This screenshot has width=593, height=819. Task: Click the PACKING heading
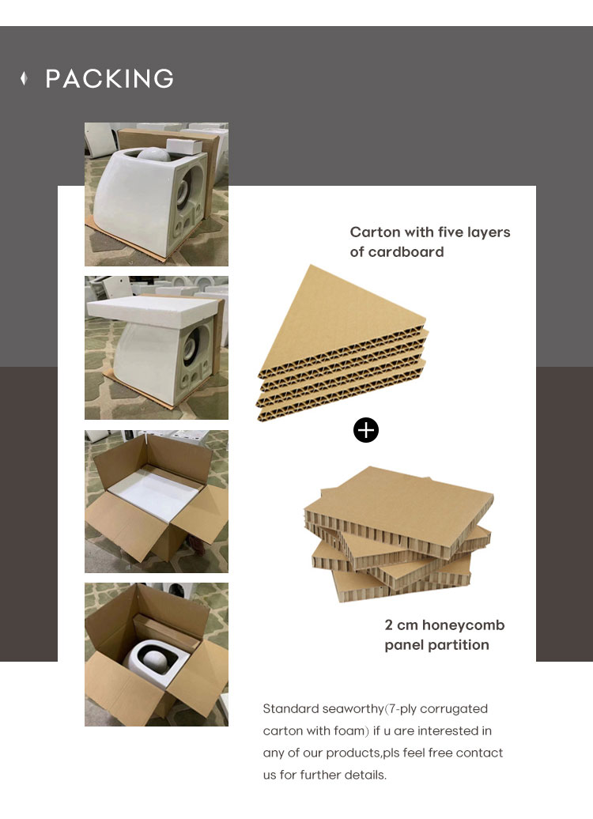point(109,79)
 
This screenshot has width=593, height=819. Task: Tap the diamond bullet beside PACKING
point(24,78)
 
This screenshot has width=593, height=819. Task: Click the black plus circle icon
point(366,430)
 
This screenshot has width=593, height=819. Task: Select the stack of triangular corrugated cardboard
point(342,345)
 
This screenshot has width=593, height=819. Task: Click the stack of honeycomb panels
point(398,534)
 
